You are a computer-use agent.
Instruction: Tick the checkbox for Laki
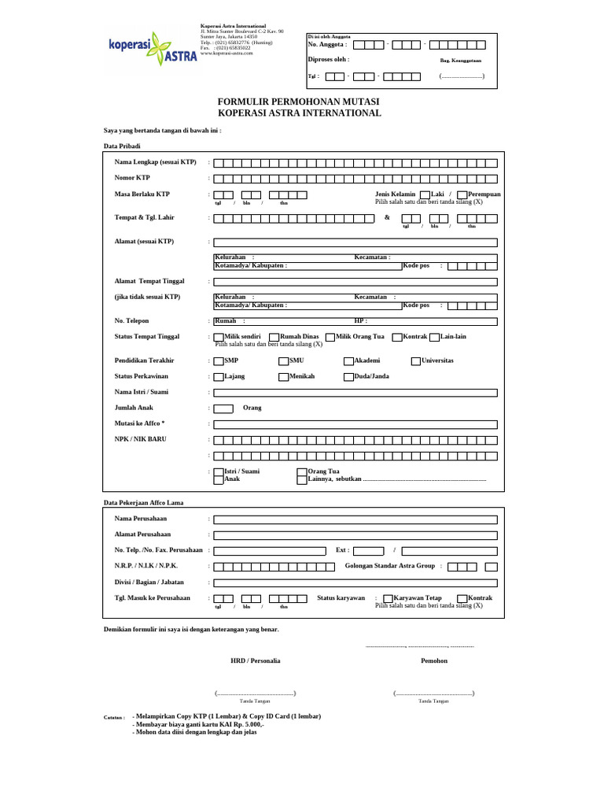pyautogui.click(x=425, y=194)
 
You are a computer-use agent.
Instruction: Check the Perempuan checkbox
pyautogui.click(x=462, y=194)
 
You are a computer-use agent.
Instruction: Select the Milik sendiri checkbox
pyautogui.click(x=219, y=337)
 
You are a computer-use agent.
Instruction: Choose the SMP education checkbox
pyautogui.click(x=219, y=360)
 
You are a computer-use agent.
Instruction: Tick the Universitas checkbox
pyautogui.click(x=416, y=360)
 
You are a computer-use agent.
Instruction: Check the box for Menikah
pyautogui.click(x=283, y=377)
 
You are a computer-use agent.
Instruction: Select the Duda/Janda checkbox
pyautogui.click(x=348, y=377)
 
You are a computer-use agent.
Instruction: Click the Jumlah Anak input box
pyautogui.click(x=223, y=409)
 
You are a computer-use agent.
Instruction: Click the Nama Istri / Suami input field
pyautogui.click(x=355, y=392)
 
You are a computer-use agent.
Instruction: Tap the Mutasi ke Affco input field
pyautogui.click(x=355, y=424)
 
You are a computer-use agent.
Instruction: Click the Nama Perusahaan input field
pyautogui.click(x=355, y=519)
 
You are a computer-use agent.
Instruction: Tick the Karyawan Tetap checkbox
pyautogui.click(x=388, y=598)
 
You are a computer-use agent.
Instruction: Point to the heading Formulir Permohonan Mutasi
pyautogui.click(x=299, y=102)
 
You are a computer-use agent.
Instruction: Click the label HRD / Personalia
pyautogui.click(x=255, y=660)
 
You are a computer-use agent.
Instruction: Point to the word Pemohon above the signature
pyautogui.click(x=434, y=660)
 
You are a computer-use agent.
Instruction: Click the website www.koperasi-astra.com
pyautogui.click(x=226, y=53)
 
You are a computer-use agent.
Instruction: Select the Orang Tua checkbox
pyautogui.click(x=302, y=471)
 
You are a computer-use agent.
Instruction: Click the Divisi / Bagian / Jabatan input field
pyautogui.click(x=355, y=582)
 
